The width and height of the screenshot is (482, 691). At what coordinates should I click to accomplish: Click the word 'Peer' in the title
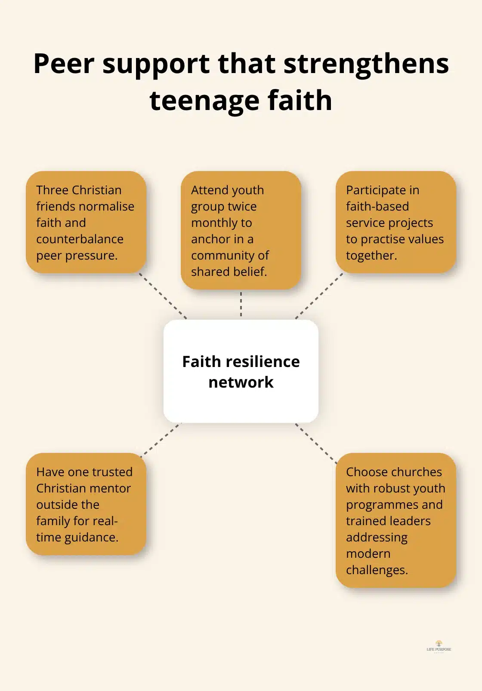(63, 64)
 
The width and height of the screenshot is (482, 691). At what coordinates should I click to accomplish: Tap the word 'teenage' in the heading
(204, 101)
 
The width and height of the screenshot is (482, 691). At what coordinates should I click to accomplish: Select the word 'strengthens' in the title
(366, 64)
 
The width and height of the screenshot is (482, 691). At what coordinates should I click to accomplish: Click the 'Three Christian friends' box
(86, 222)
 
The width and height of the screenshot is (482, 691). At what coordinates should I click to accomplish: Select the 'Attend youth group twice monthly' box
(241, 230)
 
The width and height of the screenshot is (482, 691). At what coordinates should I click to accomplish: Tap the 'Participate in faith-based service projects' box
(395, 222)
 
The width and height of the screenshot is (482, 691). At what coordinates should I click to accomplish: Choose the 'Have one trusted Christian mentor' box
(86, 504)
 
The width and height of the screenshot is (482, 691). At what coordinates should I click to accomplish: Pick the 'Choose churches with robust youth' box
(395, 520)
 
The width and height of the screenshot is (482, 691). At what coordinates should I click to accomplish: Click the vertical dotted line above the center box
(241, 304)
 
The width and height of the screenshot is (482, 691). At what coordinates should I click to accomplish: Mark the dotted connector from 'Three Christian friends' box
(163, 296)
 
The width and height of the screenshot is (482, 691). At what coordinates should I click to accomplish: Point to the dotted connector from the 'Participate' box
(319, 296)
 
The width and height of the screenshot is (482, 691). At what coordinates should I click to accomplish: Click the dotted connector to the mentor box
(160, 439)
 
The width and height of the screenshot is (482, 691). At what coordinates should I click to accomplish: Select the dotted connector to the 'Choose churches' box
(316, 443)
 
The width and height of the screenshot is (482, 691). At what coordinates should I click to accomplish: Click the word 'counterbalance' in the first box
(80, 239)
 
